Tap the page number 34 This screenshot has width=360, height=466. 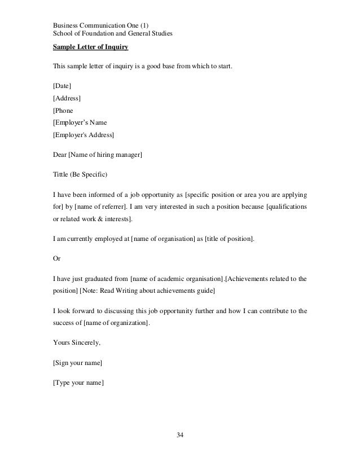pyautogui.click(x=180, y=434)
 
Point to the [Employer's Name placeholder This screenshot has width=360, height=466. pyautogui.click(x=80, y=122)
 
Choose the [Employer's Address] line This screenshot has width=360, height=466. pyautogui.click(x=83, y=135)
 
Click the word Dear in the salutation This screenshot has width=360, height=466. pyautogui.click(x=60, y=153)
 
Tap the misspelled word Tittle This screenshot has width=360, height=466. pyautogui.click(x=61, y=173)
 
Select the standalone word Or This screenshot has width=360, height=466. pyautogui.click(x=56, y=258)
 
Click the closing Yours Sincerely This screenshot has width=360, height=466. pyautogui.click(x=77, y=342)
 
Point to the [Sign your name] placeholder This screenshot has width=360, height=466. pyautogui.click(x=77, y=362)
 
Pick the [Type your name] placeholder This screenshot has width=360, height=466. pyautogui.click(x=78, y=383)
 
